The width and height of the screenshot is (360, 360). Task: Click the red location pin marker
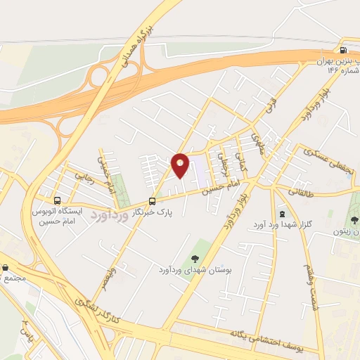pyautogui.click(x=181, y=165)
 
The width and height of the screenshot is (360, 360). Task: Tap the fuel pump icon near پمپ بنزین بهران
pyautogui.click(x=342, y=50)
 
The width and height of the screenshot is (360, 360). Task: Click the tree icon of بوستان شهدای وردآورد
pyautogui.click(x=194, y=257)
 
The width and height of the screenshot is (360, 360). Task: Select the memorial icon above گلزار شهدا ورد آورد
pyautogui.click(x=282, y=213)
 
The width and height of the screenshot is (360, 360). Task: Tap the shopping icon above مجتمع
pyautogui.click(x=6, y=268)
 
